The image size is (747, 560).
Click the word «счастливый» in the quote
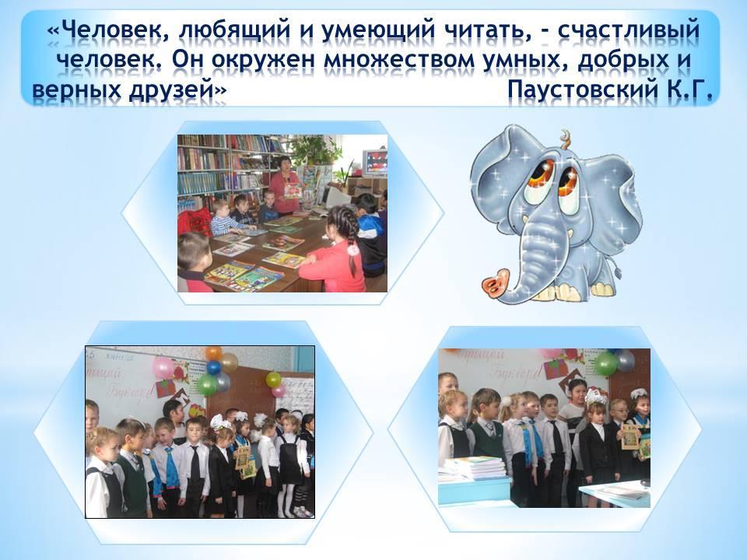pos(629,31)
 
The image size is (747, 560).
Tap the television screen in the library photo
pos(375,163)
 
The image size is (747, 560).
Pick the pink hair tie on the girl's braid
pos(352,249)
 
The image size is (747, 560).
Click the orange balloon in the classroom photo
pos(213,353)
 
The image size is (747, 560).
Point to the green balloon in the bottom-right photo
pos(605,364)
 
